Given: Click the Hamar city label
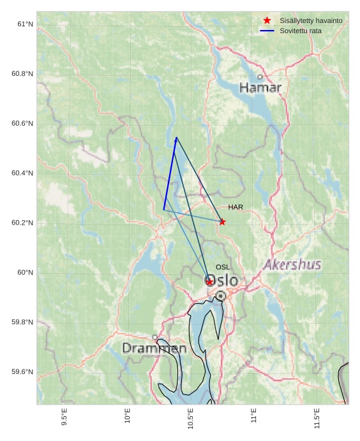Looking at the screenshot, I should pyautogui.click(x=260, y=87).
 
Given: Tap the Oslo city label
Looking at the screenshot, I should pyautogui.click(x=221, y=281).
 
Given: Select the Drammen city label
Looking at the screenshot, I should pyautogui.click(x=154, y=348).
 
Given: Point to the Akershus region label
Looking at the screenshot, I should pyautogui.click(x=293, y=264).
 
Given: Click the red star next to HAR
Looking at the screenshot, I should pyautogui.click(x=222, y=221).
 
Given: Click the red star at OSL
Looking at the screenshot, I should pyautogui.click(x=209, y=281).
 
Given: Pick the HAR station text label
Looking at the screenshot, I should pyautogui.click(x=236, y=207).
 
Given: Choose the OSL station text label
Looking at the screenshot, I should pyautogui.click(x=223, y=267).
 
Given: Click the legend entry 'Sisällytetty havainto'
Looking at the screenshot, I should pyautogui.click(x=311, y=20).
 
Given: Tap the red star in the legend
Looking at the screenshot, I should pyautogui.click(x=267, y=20).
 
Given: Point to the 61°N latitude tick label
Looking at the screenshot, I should pyautogui.click(x=25, y=24).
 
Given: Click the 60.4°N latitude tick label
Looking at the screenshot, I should pyautogui.click(x=22, y=173).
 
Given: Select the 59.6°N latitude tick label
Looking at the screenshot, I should pyautogui.click(x=22, y=372).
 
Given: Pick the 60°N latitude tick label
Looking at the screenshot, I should pyautogui.click(x=25, y=273).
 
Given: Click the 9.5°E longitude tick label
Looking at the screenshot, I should pyautogui.click(x=64, y=417).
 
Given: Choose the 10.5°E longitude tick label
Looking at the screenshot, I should pyautogui.click(x=191, y=418).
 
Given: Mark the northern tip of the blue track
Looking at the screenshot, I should pyautogui.click(x=176, y=137).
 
